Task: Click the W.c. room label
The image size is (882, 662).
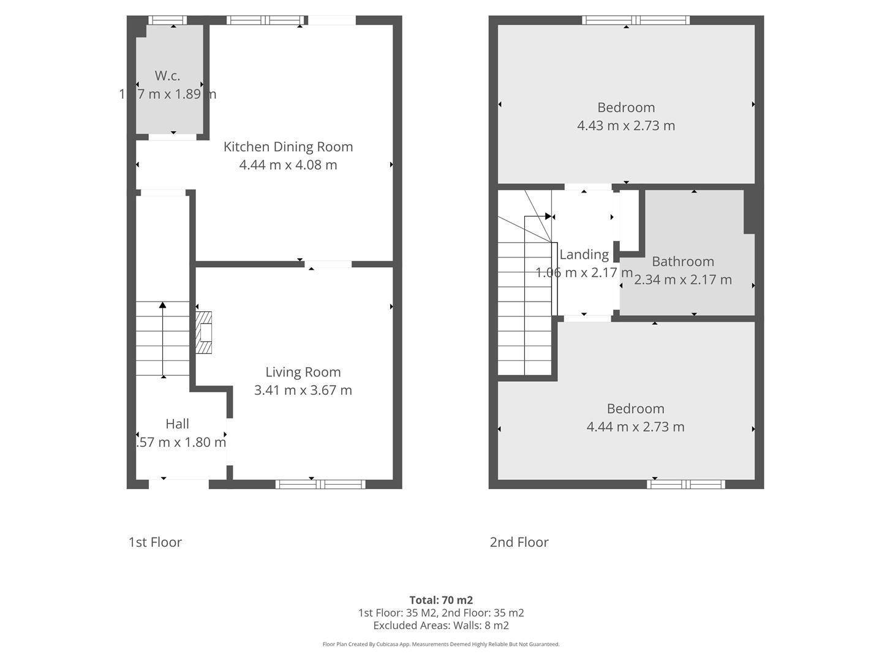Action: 167,76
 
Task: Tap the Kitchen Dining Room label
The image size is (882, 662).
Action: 288,147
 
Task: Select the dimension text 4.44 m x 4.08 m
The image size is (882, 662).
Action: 288,165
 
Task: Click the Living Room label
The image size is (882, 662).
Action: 303,372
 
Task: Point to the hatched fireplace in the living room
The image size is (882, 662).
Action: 204,333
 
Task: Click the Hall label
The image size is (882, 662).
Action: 177,424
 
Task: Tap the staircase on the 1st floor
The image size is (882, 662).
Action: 162,339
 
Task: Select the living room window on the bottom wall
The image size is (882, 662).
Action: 320,484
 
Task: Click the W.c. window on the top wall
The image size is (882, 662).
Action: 168,20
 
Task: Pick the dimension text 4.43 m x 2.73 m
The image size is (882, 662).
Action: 625,126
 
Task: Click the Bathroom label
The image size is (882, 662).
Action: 682,262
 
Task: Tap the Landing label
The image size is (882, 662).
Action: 584,254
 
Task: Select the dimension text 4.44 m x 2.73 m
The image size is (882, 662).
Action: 635,427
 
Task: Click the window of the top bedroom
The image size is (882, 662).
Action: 636,20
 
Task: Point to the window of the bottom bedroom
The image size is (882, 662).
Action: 686,484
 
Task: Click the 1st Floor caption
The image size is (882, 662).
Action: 155,542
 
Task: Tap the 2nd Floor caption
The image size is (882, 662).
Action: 519,542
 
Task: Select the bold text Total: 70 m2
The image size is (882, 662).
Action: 441,600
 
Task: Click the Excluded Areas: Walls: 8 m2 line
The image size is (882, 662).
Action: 441,626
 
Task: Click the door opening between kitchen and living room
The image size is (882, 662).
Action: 329,264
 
